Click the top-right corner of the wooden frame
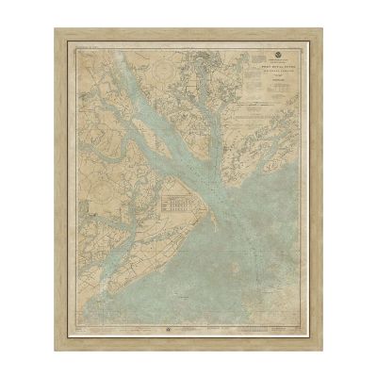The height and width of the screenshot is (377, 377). point(321,29)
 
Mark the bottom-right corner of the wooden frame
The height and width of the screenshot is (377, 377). point(321,350)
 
